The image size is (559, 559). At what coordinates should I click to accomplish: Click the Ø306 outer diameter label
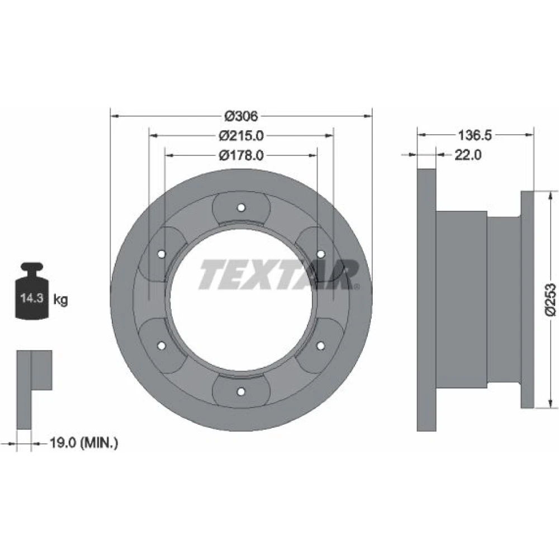241,116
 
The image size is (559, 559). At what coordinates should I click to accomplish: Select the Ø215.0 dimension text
241,136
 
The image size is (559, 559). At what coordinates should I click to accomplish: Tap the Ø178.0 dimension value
241,155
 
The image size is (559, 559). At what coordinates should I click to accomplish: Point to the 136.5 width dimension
475,135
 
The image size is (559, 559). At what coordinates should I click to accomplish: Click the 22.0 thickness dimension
468,155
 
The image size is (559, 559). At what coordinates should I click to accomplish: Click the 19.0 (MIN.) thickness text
84,443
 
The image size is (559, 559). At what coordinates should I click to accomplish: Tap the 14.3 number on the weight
32,298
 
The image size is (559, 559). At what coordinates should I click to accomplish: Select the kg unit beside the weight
60,300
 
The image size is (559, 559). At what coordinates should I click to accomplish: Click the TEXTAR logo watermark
279,274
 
